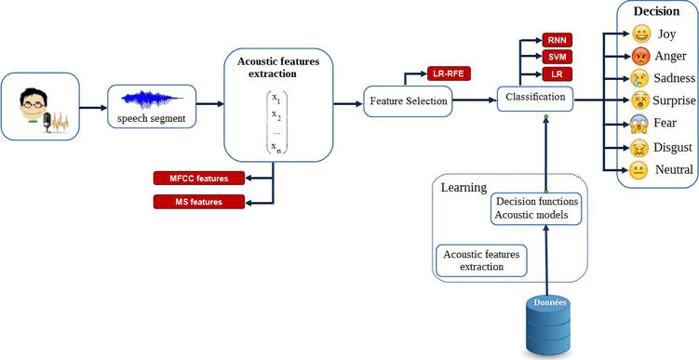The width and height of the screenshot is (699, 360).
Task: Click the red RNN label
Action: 557,40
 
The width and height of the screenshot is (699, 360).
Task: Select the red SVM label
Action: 557,57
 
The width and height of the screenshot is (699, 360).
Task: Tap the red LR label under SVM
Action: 557,73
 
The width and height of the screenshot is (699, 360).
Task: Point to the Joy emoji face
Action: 641,34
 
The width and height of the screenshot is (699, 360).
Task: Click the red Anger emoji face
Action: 641,56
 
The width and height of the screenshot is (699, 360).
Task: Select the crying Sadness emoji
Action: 641,77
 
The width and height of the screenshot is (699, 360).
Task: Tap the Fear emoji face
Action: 641,123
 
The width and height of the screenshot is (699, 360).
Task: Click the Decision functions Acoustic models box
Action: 538,208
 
